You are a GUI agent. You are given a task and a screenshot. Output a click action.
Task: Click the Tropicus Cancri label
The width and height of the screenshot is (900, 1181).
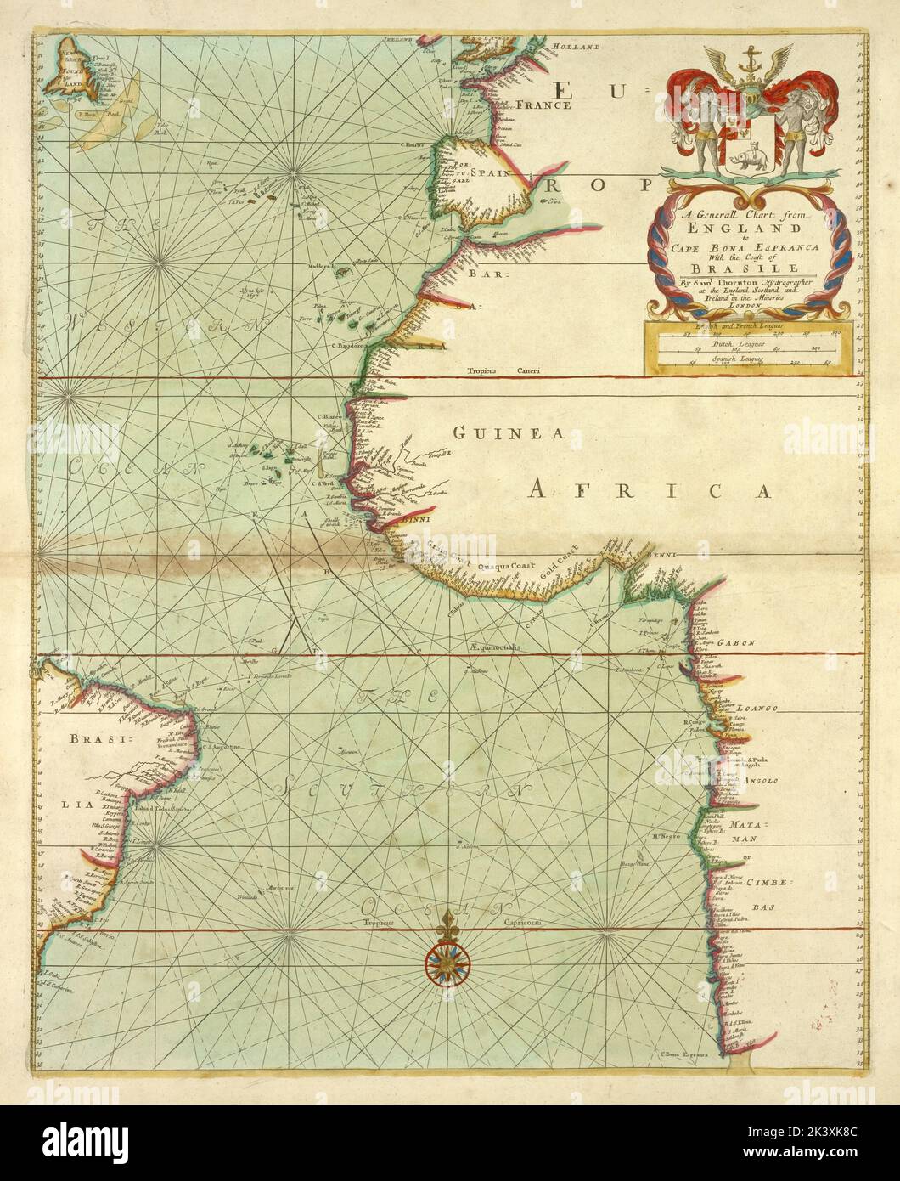[x=495, y=371]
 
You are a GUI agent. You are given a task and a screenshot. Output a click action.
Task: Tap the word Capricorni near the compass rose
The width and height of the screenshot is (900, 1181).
[x=514, y=922]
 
